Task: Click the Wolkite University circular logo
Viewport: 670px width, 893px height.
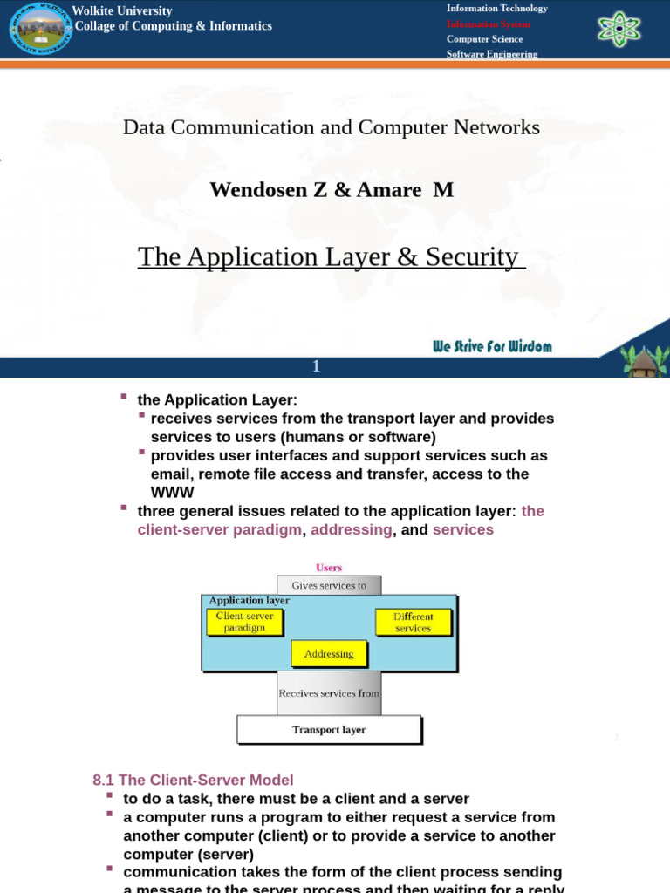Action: (41, 30)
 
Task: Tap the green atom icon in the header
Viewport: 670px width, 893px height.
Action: (619, 30)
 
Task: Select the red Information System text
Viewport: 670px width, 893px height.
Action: (489, 24)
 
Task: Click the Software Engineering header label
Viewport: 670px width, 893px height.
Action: (492, 54)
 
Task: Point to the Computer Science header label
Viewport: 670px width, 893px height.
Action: (485, 39)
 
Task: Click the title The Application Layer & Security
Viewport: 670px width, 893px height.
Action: (332, 257)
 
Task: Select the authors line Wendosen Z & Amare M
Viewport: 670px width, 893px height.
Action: (332, 189)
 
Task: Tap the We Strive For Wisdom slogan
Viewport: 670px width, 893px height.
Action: (493, 346)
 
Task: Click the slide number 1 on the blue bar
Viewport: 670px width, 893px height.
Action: (317, 367)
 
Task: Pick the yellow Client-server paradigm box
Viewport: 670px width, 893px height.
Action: (245, 622)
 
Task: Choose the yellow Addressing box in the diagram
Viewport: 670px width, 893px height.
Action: (329, 653)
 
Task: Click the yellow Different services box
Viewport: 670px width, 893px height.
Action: (414, 622)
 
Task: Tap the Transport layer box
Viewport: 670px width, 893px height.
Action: (329, 730)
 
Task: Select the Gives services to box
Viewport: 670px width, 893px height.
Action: (329, 586)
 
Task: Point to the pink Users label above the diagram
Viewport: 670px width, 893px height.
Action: (329, 568)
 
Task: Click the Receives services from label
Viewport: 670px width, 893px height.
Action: (329, 694)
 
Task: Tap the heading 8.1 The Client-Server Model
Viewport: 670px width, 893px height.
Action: (193, 781)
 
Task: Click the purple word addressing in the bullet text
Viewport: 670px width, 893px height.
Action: (352, 529)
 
